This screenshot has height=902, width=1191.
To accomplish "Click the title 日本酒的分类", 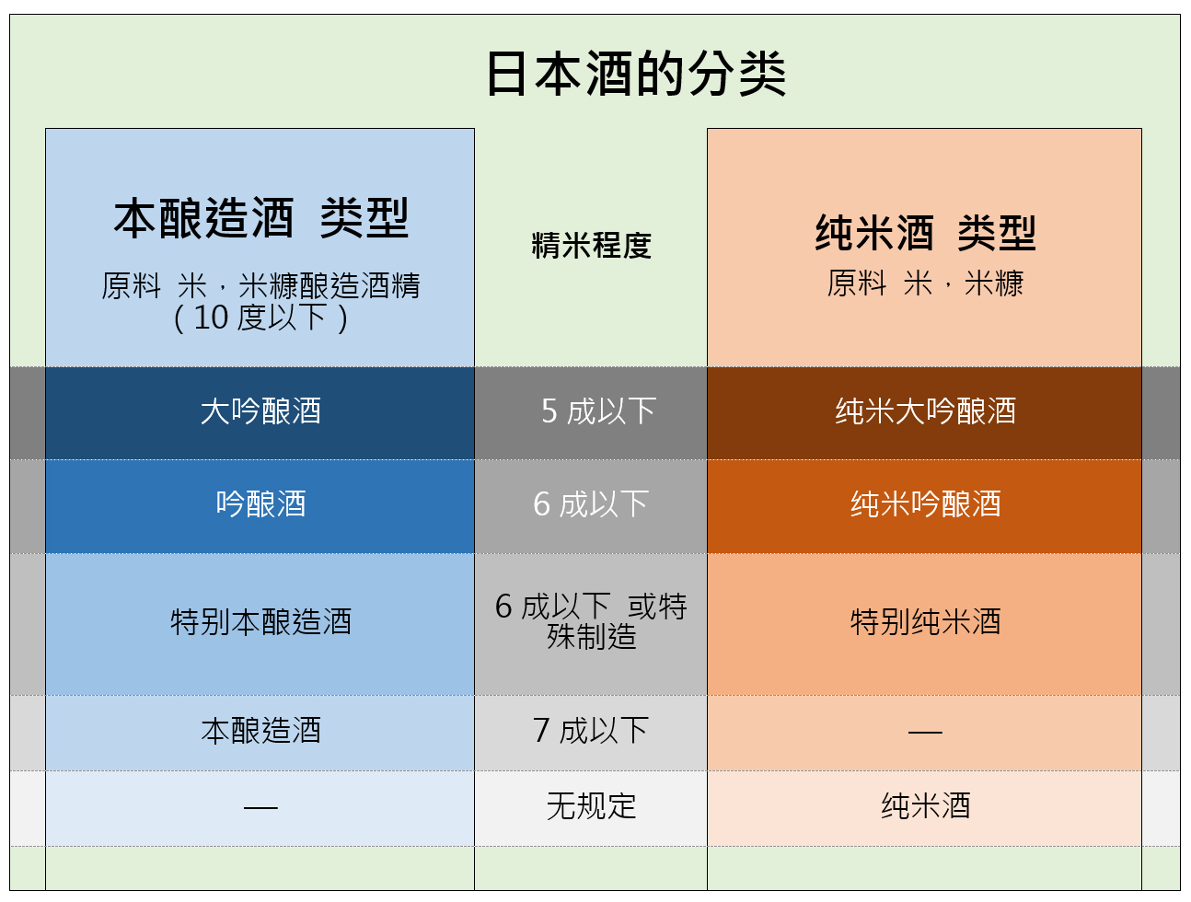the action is tap(636, 74).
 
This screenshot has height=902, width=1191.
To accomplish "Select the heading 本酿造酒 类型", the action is tap(260, 218).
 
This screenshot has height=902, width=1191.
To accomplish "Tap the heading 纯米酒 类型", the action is tap(925, 233).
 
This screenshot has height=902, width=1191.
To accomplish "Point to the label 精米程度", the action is tap(591, 245).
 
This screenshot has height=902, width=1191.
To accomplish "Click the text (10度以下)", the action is tap(260, 318).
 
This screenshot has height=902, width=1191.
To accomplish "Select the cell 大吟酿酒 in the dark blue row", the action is tap(260, 411).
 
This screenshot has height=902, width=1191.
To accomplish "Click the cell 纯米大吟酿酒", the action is tap(925, 411).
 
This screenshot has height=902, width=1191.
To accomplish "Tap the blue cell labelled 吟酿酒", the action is tap(260, 503).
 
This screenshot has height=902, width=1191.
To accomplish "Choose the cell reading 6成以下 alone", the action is tap(591, 503).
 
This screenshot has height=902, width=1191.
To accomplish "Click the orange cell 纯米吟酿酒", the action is tap(925, 503).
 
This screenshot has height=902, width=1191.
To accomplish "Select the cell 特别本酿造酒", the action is tap(260, 621).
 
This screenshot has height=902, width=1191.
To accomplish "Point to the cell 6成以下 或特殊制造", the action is tap(591, 621).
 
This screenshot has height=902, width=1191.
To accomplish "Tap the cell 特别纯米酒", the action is tap(925, 621).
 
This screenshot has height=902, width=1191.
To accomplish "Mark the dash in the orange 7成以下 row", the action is tap(925, 733).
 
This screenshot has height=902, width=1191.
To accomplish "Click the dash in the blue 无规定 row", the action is tap(260, 807).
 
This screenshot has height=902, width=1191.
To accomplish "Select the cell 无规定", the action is tap(591, 806).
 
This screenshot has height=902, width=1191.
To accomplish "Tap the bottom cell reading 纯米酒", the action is tap(925, 806).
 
